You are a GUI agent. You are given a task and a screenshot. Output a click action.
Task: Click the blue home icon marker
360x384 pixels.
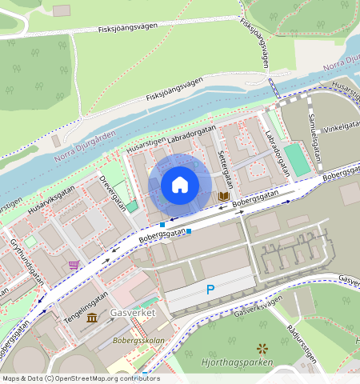pyautogui.click(x=180, y=186)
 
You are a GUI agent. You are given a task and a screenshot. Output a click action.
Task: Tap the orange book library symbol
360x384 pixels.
pyautogui.click(x=225, y=196)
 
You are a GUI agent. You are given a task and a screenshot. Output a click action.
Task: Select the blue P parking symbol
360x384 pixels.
pyautogui.click(x=210, y=290)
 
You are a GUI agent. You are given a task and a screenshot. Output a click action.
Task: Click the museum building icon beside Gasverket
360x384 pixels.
pyautogui.click(x=92, y=318)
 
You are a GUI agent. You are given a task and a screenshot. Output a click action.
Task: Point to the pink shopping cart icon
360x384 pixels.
pyautogui.click(x=74, y=265)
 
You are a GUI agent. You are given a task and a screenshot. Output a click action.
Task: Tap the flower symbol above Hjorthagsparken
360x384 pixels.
pyautogui.click(x=262, y=348)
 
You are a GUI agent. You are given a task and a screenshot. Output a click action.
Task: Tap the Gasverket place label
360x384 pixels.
pyautogui.click(x=133, y=313)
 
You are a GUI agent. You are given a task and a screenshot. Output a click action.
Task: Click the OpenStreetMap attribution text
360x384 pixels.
pyautogui.click(x=81, y=378)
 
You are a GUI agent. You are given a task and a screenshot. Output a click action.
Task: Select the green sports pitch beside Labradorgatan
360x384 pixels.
pyautogui.click(x=297, y=159)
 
